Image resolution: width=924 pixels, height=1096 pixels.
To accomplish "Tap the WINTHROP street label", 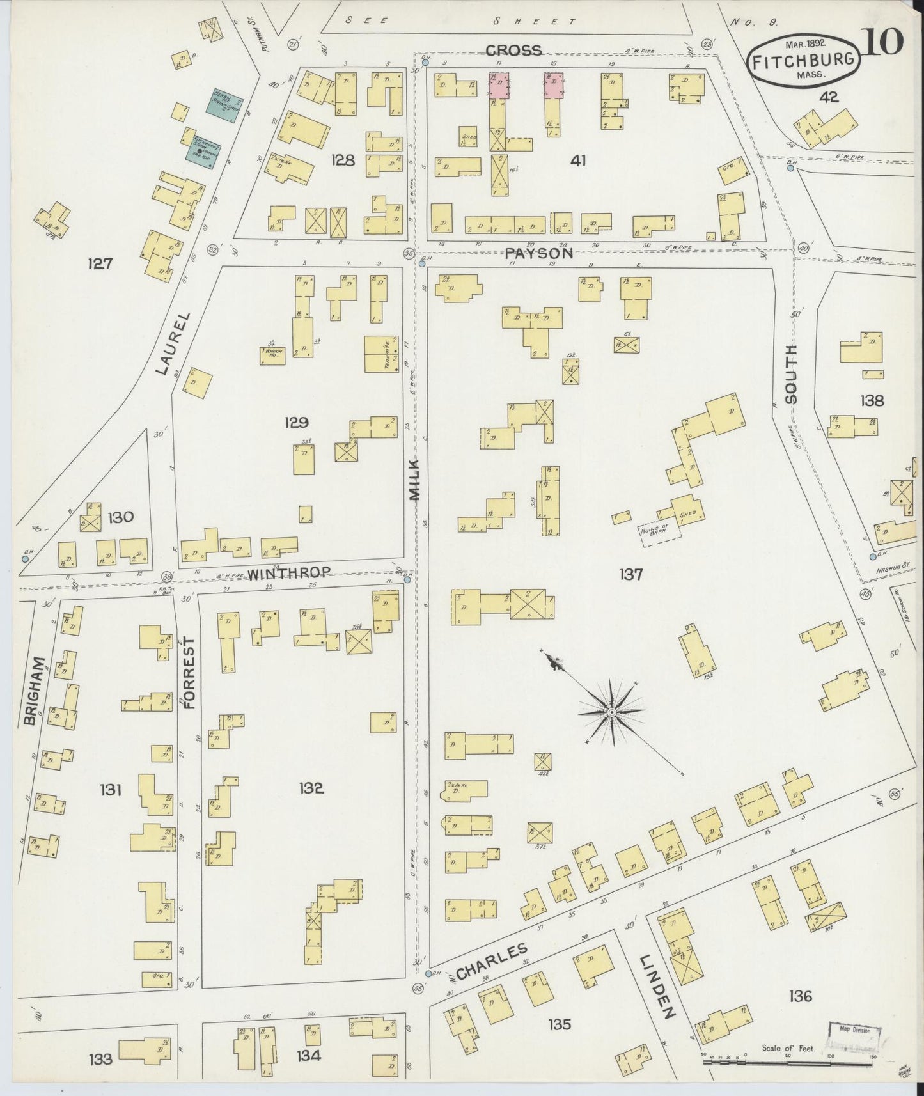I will pyautogui.click(x=288, y=573).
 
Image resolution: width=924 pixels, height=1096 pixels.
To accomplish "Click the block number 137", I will pyautogui.click(x=630, y=575).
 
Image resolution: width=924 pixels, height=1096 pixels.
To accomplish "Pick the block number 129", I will pyautogui.click(x=297, y=423).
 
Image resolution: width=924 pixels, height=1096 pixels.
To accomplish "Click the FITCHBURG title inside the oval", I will pyautogui.click(x=803, y=61).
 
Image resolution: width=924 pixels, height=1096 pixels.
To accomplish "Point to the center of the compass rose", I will pyautogui.click(x=612, y=712).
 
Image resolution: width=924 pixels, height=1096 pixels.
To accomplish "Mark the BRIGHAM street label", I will pyautogui.click(x=31, y=691).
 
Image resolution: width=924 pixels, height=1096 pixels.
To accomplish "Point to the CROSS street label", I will pyautogui.click(x=513, y=50).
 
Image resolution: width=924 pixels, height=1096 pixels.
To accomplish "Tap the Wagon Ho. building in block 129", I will pyautogui.click(x=272, y=355).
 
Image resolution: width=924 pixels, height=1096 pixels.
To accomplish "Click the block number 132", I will pyautogui.click(x=311, y=788).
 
